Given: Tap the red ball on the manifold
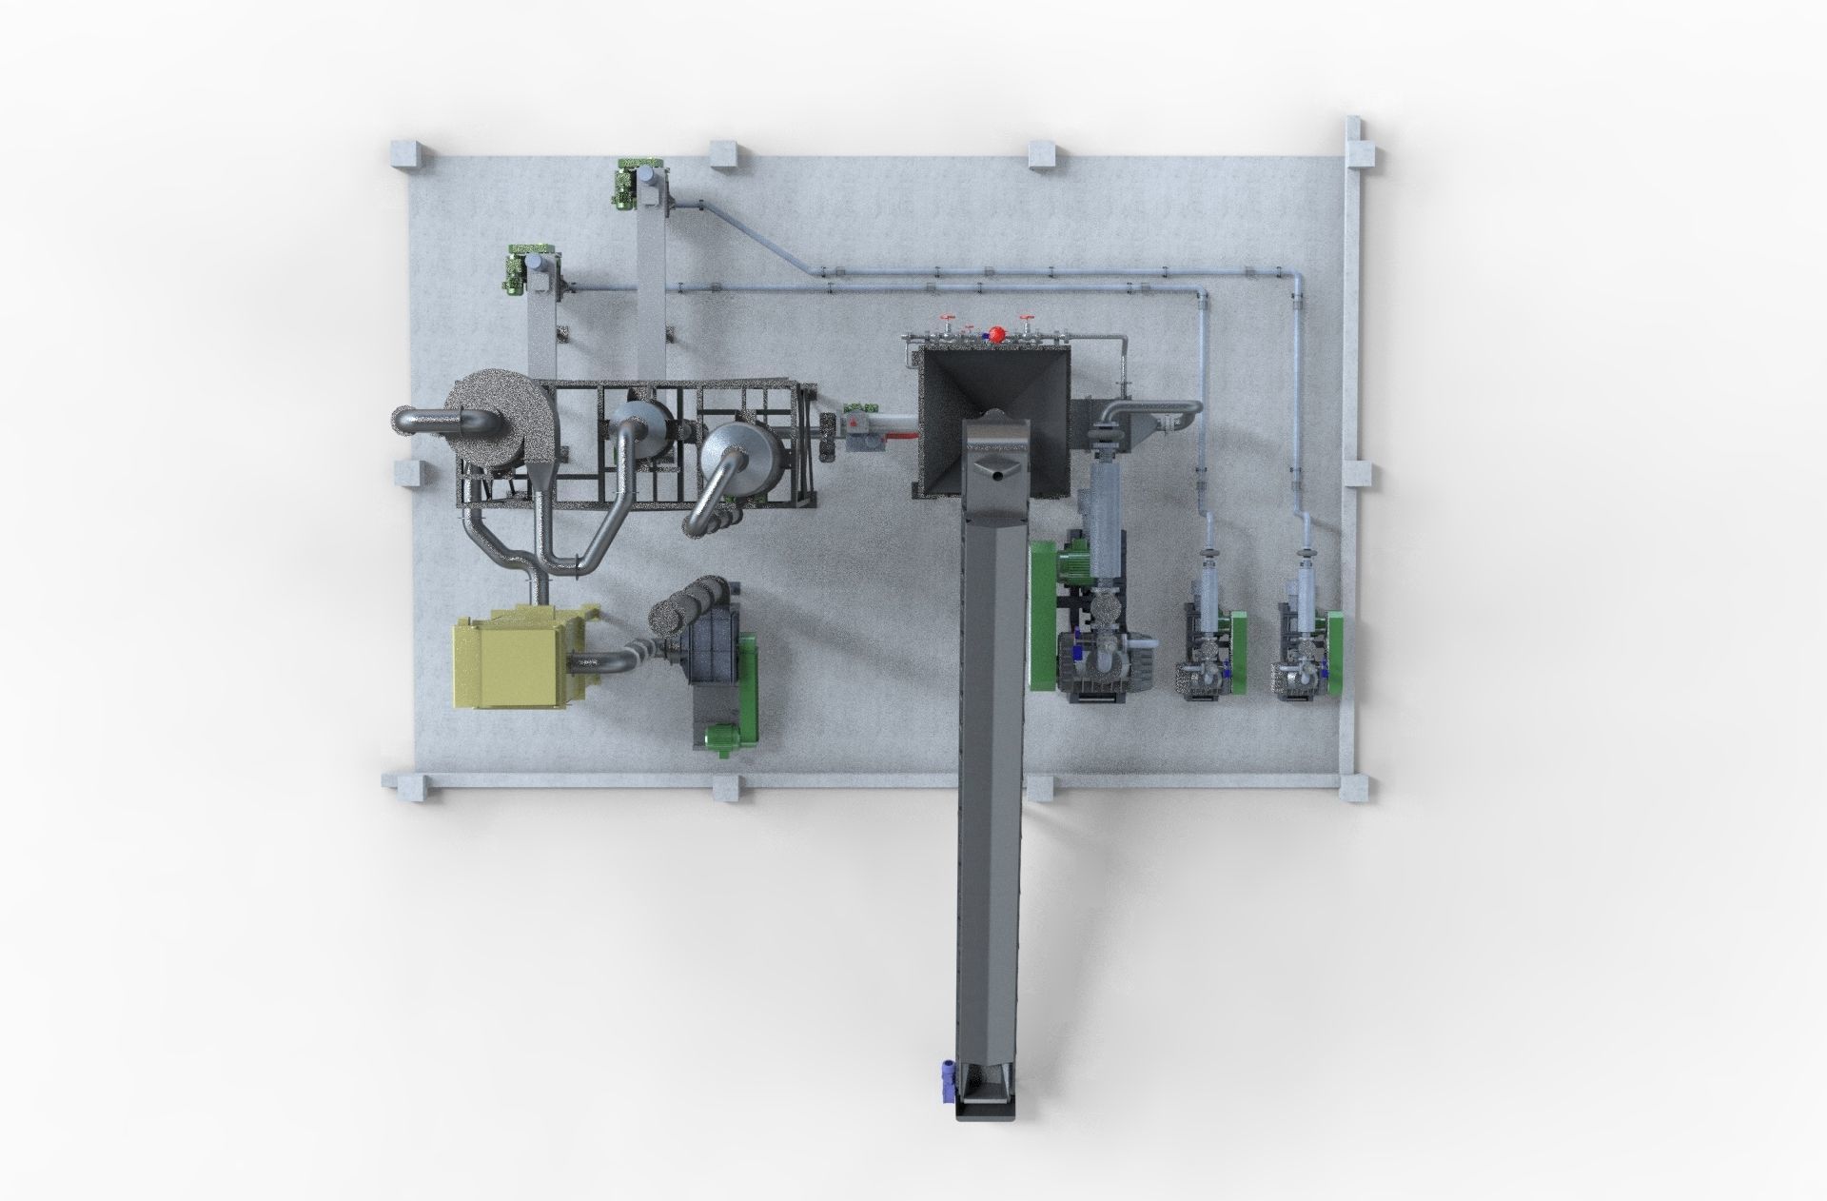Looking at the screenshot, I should tap(997, 334).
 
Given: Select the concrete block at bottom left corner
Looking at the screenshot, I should tap(406, 787).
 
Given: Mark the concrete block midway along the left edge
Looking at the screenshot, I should tap(408, 473).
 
